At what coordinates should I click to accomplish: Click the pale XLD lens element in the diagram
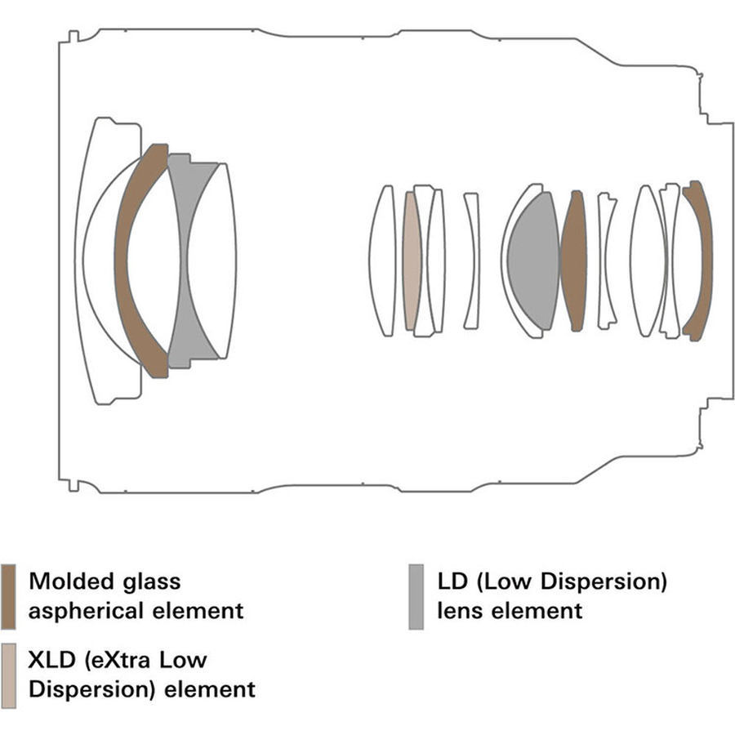[411, 261]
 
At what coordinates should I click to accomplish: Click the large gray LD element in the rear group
[532, 261]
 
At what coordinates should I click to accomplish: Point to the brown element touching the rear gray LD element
[573, 261]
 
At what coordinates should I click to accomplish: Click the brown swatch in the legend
[8, 596]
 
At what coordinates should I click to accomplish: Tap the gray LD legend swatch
[416, 596]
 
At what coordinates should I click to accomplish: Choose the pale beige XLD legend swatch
[8, 675]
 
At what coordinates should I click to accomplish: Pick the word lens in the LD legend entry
[457, 610]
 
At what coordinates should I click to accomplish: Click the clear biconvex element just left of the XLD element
[381, 261]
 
